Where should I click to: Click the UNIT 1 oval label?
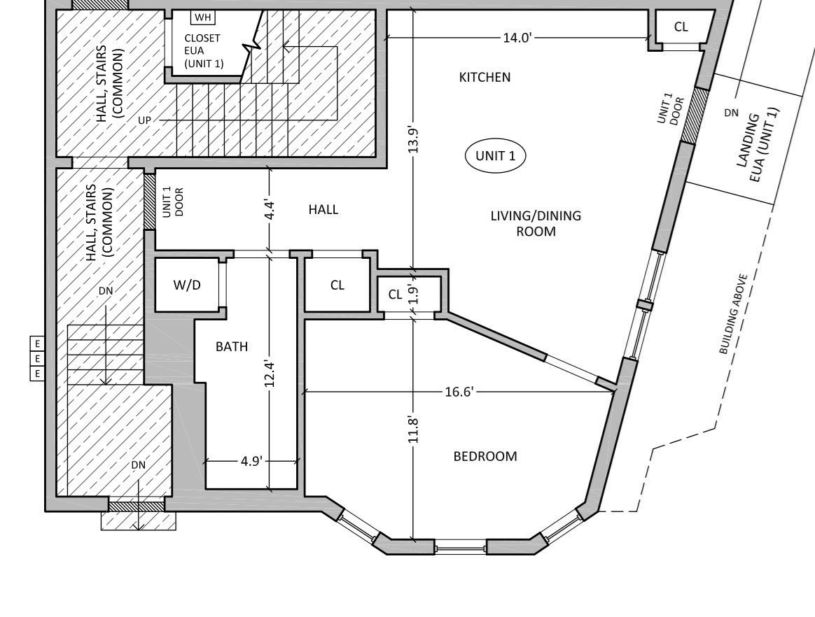[x=495, y=156]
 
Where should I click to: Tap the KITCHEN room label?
[x=485, y=77]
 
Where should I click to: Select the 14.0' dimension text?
[x=517, y=37]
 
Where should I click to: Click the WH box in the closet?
[x=202, y=17]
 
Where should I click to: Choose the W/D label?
[x=187, y=285]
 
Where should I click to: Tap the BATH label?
[x=231, y=346]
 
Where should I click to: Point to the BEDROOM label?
[x=485, y=456]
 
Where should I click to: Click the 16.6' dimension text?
[x=459, y=392]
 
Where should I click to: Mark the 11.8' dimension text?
[x=414, y=430]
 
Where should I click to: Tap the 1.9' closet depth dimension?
[x=414, y=295]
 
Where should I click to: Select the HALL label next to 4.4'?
[x=323, y=209]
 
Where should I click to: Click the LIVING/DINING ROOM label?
[x=536, y=223]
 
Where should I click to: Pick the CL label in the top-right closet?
[x=681, y=27]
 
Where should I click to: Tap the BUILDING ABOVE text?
[x=734, y=314]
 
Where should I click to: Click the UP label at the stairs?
[x=144, y=120]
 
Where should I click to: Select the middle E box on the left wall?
[x=37, y=358]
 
